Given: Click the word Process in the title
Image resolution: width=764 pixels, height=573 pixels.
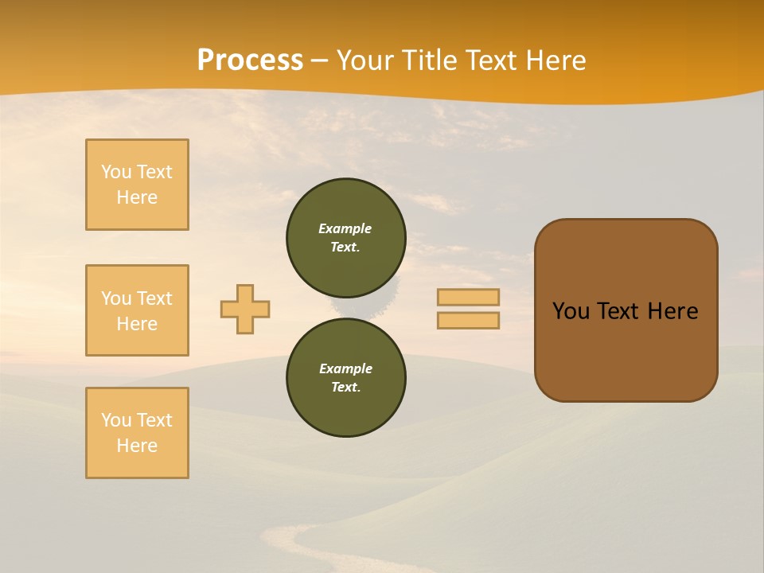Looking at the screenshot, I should [x=250, y=60].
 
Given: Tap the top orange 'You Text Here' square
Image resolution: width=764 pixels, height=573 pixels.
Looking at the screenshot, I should [x=137, y=185].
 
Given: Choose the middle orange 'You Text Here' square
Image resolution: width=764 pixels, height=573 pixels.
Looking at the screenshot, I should [x=137, y=310].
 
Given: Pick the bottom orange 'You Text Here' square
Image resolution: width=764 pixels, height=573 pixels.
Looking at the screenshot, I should [x=137, y=433].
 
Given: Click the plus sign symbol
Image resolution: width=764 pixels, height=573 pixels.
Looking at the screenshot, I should [x=245, y=309].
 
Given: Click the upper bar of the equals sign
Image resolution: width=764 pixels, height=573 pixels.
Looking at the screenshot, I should [x=468, y=297].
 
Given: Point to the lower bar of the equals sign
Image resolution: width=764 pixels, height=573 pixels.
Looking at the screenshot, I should [x=468, y=320].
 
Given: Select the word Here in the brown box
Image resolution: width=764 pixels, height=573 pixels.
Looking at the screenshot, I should [x=672, y=311].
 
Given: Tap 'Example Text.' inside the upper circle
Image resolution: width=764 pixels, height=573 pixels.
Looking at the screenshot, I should [x=345, y=238].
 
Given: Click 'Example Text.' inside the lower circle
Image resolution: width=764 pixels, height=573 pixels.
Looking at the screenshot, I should [x=345, y=378].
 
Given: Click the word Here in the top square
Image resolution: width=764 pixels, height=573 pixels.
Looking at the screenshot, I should [x=137, y=197].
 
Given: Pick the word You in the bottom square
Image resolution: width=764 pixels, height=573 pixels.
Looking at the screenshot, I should [x=116, y=420].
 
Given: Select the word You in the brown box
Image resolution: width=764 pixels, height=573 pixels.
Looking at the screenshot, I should [x=571, y=311].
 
